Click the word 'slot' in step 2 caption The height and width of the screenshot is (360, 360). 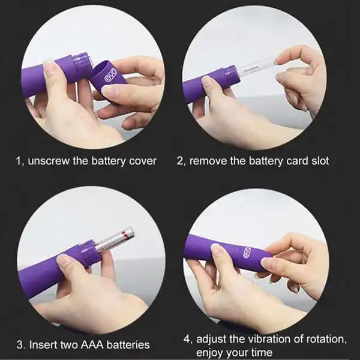[319, 161]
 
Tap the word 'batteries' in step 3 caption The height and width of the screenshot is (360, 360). [128, 344]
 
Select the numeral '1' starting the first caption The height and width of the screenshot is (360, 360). [17, 161]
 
